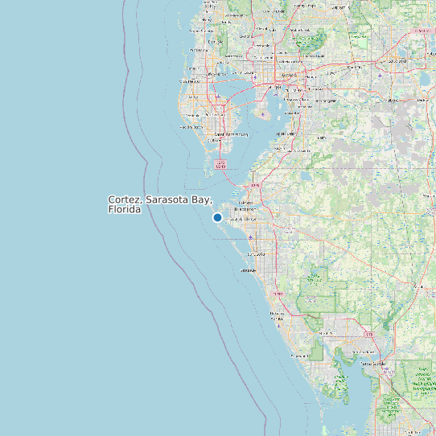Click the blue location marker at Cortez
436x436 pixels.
217,217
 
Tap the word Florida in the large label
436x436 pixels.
125,209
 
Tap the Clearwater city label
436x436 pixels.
192,80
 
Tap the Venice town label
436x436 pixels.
276,315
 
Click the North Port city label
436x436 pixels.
325,333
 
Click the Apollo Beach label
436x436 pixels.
285,134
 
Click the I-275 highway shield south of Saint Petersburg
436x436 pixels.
220,165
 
